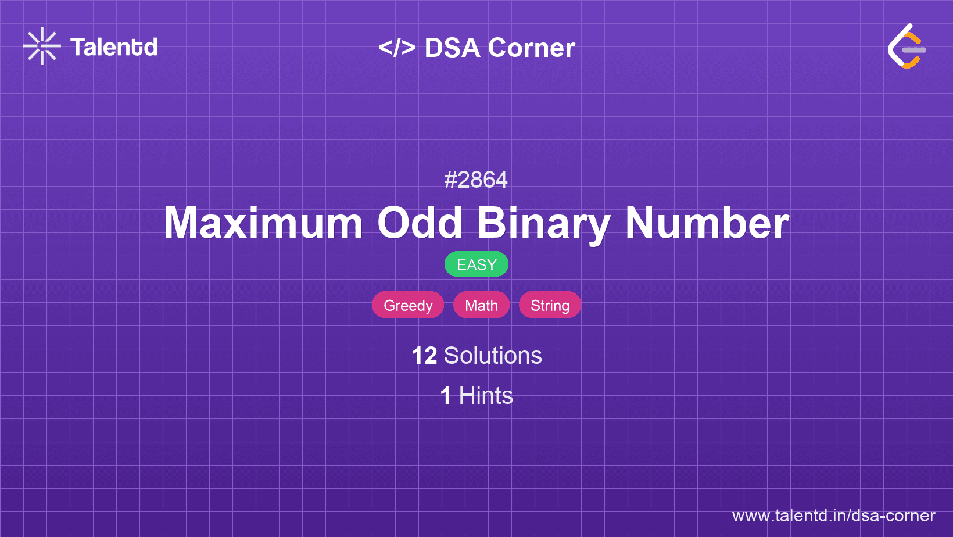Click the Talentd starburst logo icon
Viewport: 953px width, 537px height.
[x=42, y=46]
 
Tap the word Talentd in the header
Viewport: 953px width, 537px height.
[x=113, y=47]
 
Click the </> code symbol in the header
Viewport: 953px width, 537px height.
[x=397, y=47]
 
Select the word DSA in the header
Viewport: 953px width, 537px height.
[x=453, y=47]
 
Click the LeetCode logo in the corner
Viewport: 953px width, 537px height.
[x=907, y=46]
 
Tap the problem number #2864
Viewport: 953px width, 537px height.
[x=476, y=180]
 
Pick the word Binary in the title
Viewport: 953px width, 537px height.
[x=544, y=225]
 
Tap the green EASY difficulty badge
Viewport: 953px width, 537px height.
[x=476, y=264]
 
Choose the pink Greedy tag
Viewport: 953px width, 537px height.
[x=408, y=305]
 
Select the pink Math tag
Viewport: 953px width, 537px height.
[x=481, y=305]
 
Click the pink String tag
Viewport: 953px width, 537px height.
[x=550, y=305]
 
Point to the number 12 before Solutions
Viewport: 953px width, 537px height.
[x=425, y=356]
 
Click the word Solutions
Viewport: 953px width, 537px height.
[x=493, y=356]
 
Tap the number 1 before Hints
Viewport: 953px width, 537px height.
[x=446, y=396]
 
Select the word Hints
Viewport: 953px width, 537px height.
[x=486, y=396]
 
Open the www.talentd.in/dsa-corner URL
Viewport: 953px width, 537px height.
[x=833, y=515]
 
